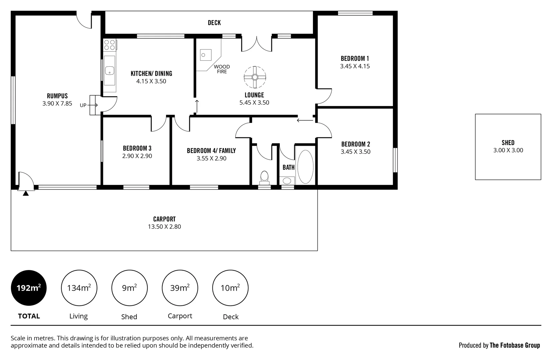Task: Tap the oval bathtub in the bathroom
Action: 305,167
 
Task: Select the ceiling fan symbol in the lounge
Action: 255,77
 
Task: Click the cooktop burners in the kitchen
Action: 110,45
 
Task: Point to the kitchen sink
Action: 110,70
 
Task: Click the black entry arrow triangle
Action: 26,193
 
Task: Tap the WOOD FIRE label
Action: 222,69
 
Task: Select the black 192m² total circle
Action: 29,288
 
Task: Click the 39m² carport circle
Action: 180,288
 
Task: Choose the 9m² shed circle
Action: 129,288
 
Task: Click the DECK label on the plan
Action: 214,23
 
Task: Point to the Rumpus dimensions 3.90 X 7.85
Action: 57,103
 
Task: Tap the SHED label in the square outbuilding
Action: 508,143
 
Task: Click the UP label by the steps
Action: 83,105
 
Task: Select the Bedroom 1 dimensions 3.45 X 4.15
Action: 355,66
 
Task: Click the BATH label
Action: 289,167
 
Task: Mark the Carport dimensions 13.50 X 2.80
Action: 164,226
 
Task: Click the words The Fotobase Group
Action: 515,345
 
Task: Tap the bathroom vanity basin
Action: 287,181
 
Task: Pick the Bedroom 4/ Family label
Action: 211,151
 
